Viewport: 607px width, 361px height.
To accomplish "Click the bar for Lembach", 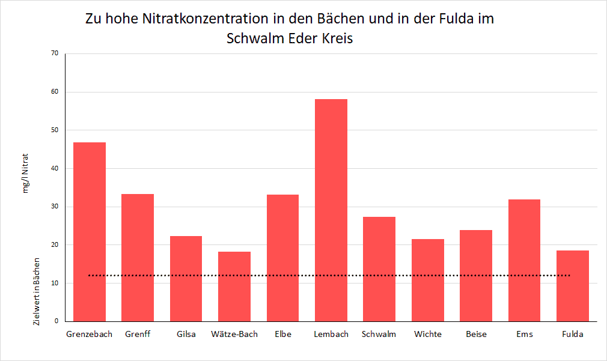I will point(331,210).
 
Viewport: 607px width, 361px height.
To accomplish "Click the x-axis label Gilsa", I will point(186,335).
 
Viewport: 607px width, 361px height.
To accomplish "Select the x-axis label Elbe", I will point(282,335).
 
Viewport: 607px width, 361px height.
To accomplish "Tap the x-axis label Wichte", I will point(428,335).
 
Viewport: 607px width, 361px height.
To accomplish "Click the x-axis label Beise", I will point(476,335).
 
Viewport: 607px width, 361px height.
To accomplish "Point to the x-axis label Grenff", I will point(138,335).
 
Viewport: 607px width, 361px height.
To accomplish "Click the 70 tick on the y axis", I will point(54,53).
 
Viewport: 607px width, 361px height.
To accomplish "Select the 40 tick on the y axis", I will point(54,168).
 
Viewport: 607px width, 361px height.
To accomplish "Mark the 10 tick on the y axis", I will point(54,283).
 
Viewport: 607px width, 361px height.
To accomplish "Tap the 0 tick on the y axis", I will point(56,321).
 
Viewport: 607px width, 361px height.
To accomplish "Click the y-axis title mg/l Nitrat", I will point(26,173).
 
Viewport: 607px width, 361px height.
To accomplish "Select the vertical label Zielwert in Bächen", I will point(37,292).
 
